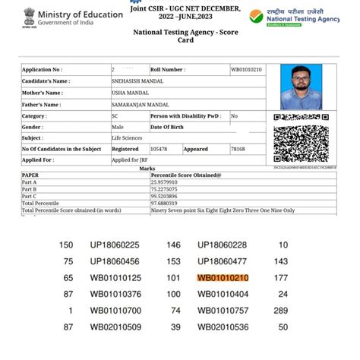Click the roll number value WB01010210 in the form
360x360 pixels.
tap(246, 69)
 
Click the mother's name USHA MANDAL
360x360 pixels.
tap(131, 92)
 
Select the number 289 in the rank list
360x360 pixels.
tap(279, 311)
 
